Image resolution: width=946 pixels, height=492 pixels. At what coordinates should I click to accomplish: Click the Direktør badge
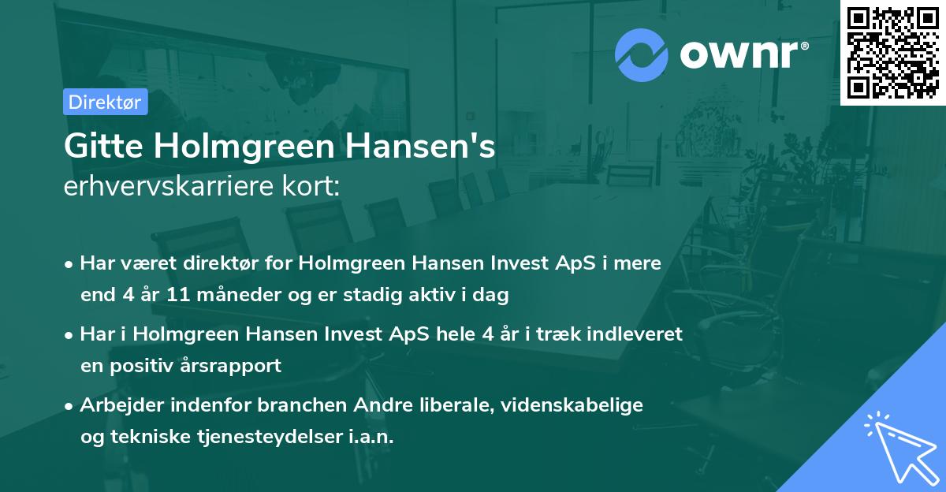tap(105, 102)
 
